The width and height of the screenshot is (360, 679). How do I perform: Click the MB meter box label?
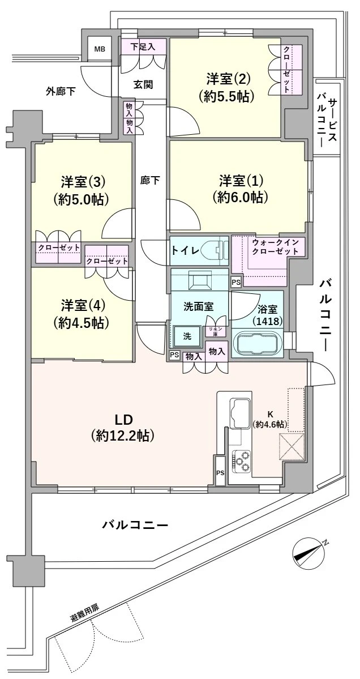99,49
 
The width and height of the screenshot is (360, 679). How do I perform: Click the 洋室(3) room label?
83,182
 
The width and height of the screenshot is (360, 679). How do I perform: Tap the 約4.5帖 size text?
82,323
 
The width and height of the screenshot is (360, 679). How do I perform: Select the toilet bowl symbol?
217,250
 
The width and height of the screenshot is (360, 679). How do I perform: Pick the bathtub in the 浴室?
257,344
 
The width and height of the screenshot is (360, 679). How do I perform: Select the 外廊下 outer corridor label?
61,91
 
